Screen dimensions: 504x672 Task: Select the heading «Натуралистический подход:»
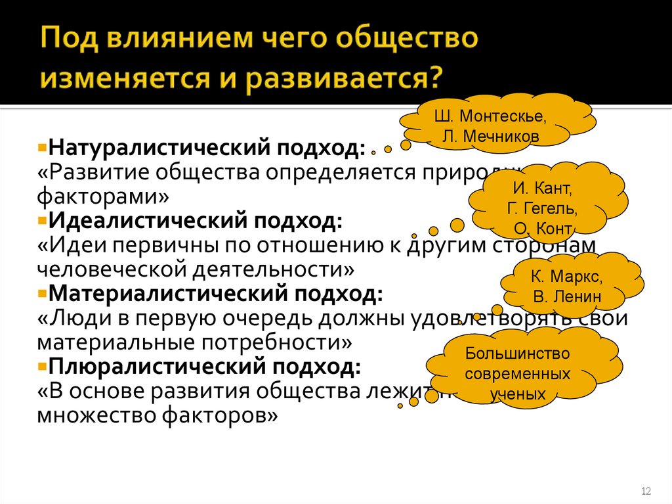pos(208,147)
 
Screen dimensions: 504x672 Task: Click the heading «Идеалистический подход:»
pos(196,220)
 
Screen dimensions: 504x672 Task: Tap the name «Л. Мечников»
pos(492,137)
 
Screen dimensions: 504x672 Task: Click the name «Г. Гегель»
pos(543,210)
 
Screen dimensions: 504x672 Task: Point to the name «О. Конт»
pos(543,229)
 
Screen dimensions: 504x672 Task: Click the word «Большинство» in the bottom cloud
pos(518,354)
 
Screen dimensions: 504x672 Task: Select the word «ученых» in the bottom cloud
pos(518,394)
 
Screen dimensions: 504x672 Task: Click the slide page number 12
pos(645,492)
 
